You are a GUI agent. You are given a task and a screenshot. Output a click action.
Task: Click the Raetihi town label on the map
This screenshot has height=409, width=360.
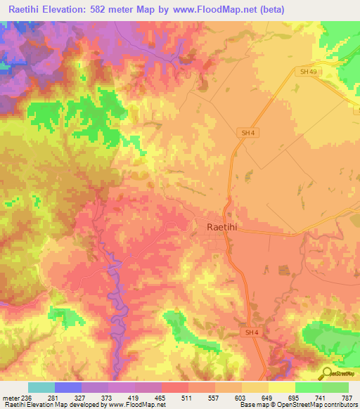pyautogui.click(x=226, y=227)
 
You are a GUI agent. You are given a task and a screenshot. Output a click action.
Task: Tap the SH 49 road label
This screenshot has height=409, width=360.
pyautogui.click(x=307, y=72)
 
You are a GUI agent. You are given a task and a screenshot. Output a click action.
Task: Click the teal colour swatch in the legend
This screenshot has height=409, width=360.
pyautogui.click(x=41, y=388)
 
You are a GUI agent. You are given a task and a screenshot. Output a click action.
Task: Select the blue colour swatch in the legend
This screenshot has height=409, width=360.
pyautogui.click(x=68, y=388)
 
